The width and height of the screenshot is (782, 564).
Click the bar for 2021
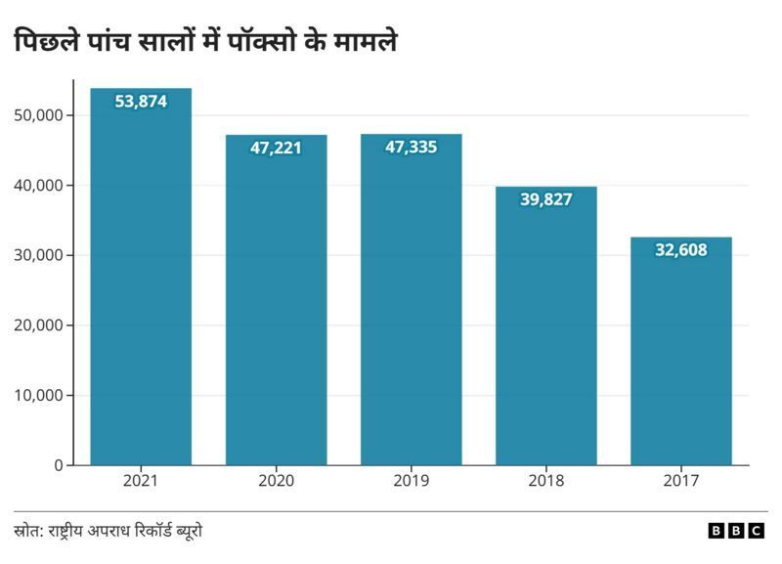coord(141,283)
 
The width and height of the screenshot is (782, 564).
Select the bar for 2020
coord(276,303)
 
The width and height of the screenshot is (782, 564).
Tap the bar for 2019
coord(411,303)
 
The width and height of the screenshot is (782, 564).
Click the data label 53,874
coord(141,100)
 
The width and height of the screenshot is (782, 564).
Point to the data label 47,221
coord(276,148)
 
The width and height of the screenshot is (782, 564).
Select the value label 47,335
coord(411,147)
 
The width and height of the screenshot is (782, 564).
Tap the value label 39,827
coord(545,198)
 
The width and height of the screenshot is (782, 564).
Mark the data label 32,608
coord(680,249)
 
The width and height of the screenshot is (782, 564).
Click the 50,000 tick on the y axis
coord(40,115)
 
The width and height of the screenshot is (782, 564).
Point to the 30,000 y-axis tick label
coord(40,255)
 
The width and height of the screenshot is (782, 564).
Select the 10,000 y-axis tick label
coord(40,396)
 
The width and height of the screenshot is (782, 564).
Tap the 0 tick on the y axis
coord(58,465)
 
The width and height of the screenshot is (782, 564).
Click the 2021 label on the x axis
coord(141,481)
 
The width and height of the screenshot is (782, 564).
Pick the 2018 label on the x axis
coord(545,481)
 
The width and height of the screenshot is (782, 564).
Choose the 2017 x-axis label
coord(680,481)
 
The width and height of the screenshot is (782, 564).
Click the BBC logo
coord(736,531)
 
